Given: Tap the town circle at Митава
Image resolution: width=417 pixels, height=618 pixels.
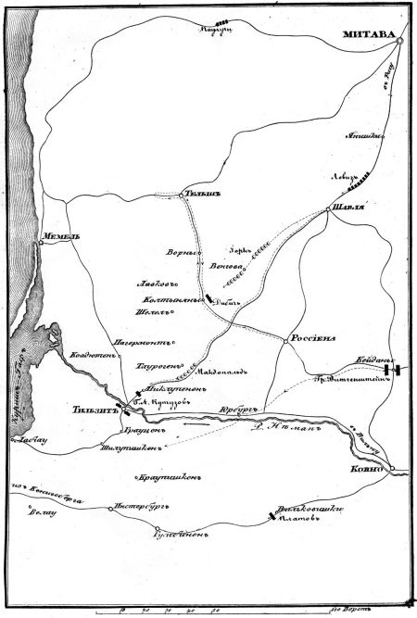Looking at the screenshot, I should pos(398,42).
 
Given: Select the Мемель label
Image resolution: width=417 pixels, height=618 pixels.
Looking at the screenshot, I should pos(57,237).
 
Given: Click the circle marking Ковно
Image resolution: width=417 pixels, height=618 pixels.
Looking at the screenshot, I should pos(393,468).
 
